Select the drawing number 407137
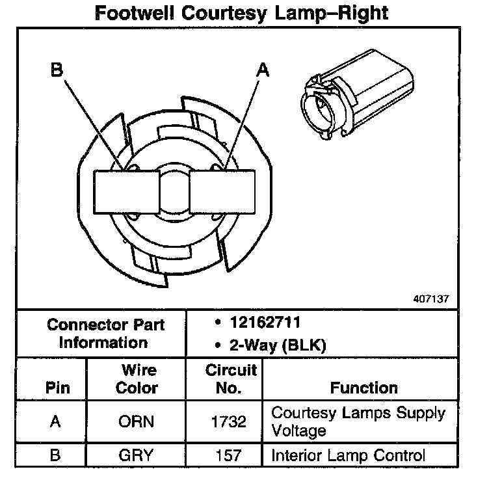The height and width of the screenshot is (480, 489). pyautogui.click(x=430, y=300)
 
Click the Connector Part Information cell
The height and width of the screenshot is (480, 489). pyautogui.click(x=106, y=333)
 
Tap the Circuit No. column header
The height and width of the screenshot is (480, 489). pyautogui.click(x=231, y=379)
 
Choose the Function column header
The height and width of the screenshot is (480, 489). pyautogui.click(x=364, y=388)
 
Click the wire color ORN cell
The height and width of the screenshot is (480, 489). pyautogui.click(x=137, y=421)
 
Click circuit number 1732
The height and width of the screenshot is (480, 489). pyautogui.click(x=229, y=421)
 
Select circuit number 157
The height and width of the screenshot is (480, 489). pyautogui.click(x=228, y=455)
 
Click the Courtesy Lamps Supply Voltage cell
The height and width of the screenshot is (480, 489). pyautogui.click(x=358, y=421)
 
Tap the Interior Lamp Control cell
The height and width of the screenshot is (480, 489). pyautogui.click(x=348, y=455)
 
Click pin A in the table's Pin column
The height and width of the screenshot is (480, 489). pyautogui.click(x=56, y=421)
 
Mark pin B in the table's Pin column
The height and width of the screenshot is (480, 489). pyautogui.click(x=56, y=455)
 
